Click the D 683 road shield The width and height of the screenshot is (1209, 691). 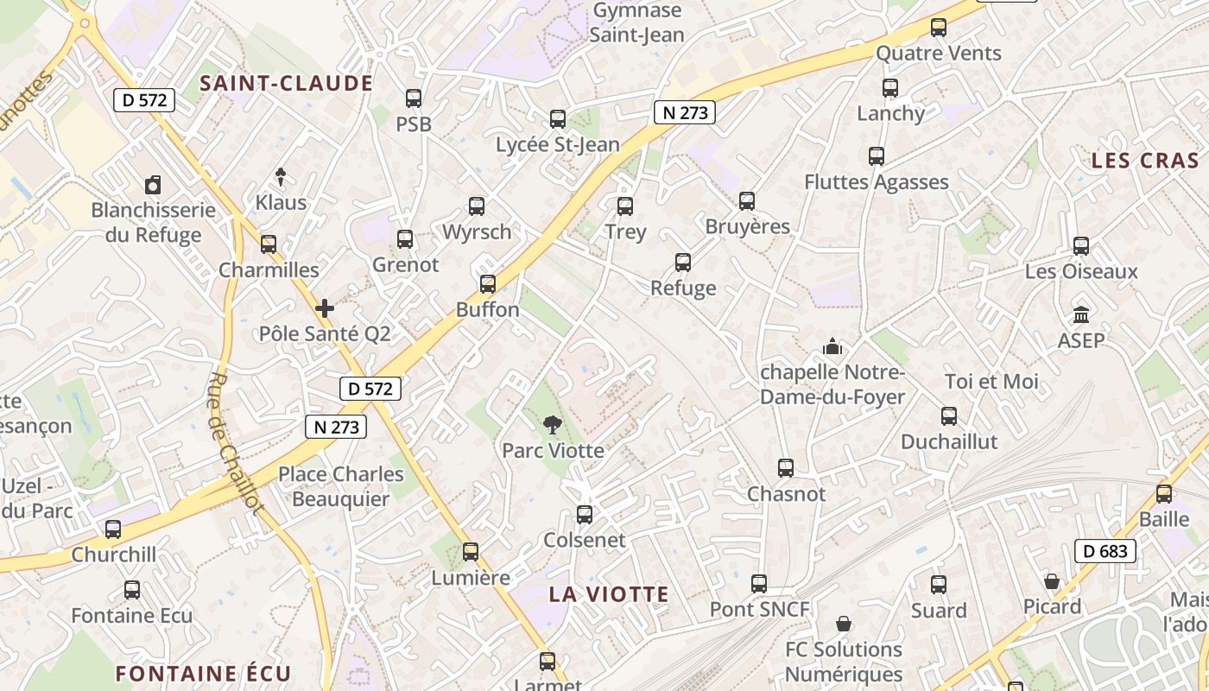click(x=1105, y=550)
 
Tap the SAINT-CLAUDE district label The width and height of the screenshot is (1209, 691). click(x=286, y=84)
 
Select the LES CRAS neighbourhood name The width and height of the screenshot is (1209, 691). click(x=1145, y=161)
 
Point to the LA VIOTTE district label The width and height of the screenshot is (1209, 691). click(x=609, y=594)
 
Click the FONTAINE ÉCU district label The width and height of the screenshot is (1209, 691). click(x=204, y=674)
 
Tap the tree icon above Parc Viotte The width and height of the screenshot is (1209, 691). click(x=552, y=424)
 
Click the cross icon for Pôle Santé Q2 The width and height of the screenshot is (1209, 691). click(x=325, y=308)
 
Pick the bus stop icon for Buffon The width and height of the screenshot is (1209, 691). click(x=488, y=284)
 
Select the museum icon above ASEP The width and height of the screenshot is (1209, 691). click(x=1080, y=315)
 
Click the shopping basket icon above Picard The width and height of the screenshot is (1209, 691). click(x=1052, y=581)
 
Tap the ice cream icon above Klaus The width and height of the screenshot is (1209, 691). click(x=281, y=177)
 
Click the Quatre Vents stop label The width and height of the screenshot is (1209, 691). click(x=938, y=54)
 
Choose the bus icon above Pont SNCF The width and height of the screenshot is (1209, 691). click(x=759, y=584)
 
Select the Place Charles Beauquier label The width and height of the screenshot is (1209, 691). click(x=340, y=486)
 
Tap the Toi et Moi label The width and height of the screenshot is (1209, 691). click(x=991, y=382)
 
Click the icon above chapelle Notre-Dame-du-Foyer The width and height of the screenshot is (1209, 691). click(x=832, y=346)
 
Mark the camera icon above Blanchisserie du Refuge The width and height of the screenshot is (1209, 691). click(x=153, y=184)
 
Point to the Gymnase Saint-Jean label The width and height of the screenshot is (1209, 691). click(x=637, y=23)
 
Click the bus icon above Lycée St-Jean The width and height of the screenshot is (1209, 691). click(x=558, y=119)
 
